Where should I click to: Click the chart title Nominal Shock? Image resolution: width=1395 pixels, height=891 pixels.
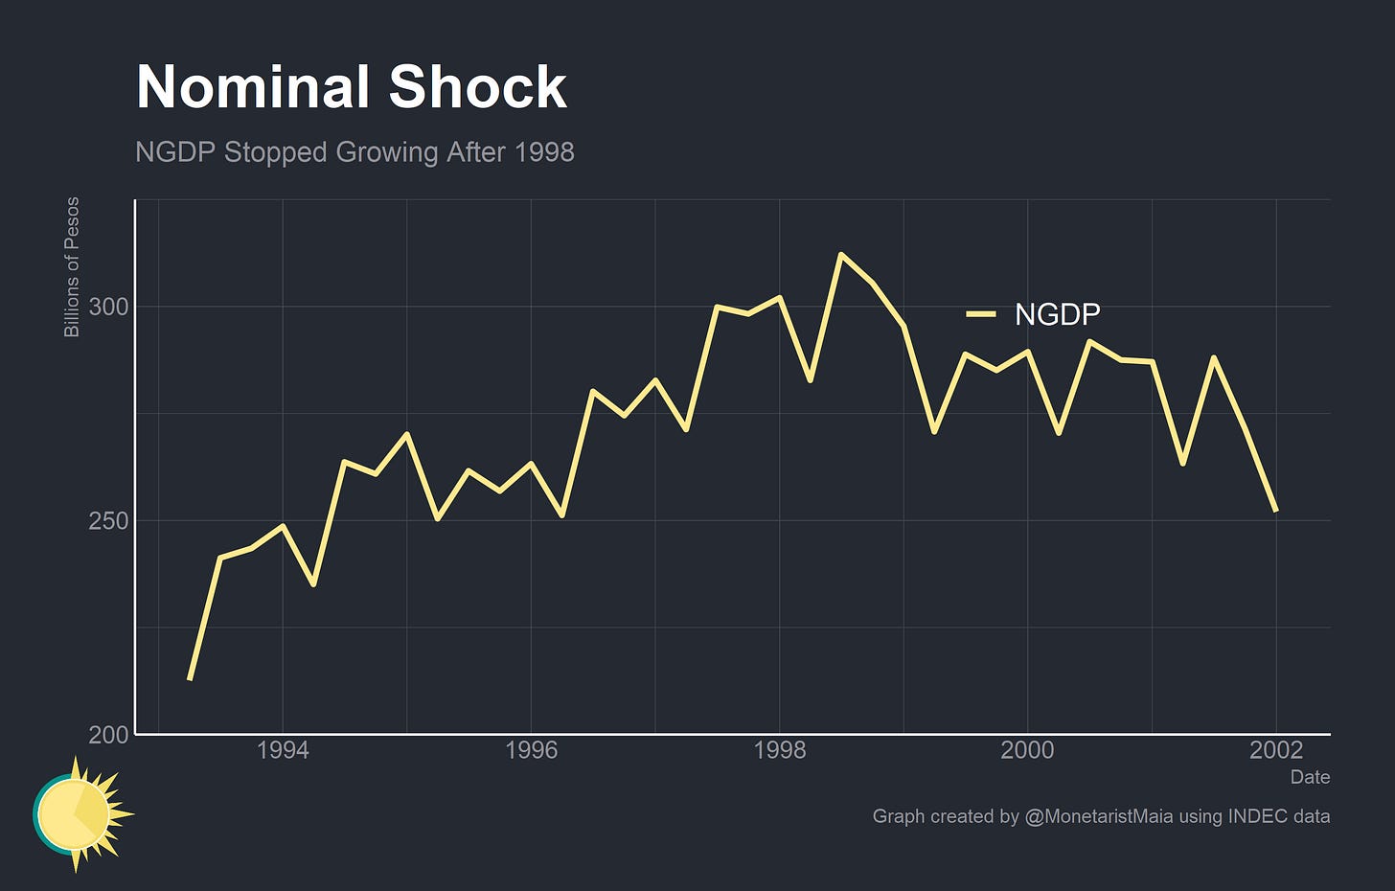352,87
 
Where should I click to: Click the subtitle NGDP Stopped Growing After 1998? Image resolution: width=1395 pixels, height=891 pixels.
354,152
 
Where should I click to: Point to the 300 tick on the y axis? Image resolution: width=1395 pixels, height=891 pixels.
108,307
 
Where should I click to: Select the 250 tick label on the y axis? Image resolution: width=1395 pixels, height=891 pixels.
108,521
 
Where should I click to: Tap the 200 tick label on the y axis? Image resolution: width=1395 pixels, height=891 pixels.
108,735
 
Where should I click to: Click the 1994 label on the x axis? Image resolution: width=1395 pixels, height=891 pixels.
283,750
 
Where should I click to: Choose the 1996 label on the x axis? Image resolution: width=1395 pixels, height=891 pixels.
531,750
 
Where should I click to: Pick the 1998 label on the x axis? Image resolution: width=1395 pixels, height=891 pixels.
780,750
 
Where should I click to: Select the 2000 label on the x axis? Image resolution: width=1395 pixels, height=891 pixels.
1027,750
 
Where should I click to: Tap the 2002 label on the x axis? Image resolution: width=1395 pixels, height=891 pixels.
1276,750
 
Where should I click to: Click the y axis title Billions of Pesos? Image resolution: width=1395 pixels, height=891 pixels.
72,267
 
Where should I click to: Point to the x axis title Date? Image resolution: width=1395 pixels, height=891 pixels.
1310,777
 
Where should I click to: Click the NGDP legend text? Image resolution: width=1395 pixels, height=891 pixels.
1057,314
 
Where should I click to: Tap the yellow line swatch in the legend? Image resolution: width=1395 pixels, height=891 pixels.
981,314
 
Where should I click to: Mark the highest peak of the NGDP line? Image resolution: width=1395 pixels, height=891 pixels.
840,255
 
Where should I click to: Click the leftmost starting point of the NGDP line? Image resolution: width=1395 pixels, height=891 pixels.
190,679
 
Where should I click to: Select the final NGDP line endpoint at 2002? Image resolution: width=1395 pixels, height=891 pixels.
1275,511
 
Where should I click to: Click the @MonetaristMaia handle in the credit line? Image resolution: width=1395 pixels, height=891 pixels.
1099,816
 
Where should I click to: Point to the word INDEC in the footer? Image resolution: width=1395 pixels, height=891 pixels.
1254,816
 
